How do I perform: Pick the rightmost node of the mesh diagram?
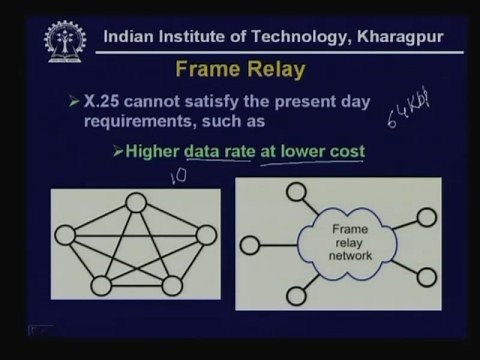pyautogui.click(x=207, y=236)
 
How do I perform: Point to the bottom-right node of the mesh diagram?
pyautogui.click(x=173, y=286)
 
